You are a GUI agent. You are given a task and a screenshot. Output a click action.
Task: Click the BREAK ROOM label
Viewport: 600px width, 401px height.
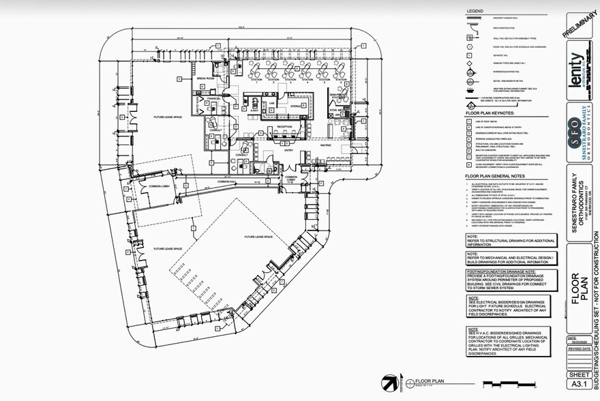[x=206, y=79]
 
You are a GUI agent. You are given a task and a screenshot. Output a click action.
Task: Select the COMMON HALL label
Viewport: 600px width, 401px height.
[x=227, y=181]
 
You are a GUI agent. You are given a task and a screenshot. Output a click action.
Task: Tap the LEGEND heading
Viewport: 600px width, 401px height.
[x=475, y=12]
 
